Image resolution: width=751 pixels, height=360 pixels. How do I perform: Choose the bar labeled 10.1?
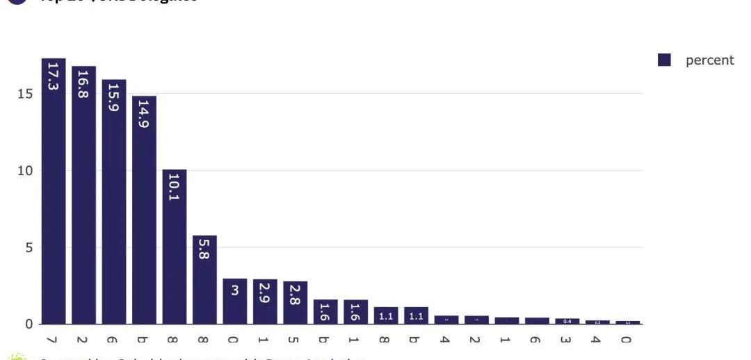coord(175,247)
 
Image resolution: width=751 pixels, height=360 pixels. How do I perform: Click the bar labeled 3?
coord(235,301)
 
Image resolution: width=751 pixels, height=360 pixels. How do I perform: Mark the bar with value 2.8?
coord(296,302)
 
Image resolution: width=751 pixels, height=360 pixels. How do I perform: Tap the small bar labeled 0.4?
coord(567,321)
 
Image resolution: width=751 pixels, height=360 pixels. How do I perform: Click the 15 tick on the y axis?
coord(26,94)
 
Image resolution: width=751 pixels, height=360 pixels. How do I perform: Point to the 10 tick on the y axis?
coord(26,171)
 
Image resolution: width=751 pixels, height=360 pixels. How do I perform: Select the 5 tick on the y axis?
coord(29,247)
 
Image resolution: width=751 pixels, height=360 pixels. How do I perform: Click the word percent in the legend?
coord(709,60)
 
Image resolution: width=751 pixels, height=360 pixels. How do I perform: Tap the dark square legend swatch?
coord(664,60)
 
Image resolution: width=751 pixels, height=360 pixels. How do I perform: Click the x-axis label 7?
coord(54,340)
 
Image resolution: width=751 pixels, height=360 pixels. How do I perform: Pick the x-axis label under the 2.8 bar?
coord(296,340)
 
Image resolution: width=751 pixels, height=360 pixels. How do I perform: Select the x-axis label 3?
coord(567,340)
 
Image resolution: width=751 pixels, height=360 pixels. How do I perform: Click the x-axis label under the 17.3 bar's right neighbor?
coord(83,340)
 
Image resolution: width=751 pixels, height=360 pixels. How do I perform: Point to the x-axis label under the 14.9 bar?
coord(144,340)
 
